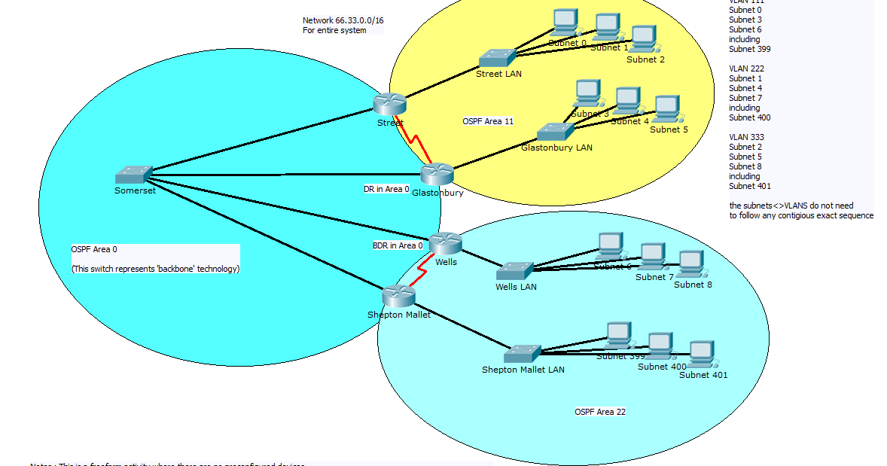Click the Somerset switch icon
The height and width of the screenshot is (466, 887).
click(134, 175)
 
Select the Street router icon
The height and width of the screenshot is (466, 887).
click(389, 105)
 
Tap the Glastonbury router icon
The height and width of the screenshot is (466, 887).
click(437, 174)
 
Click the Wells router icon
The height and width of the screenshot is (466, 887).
click(445, 243)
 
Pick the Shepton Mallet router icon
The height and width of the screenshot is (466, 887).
click(398, 296)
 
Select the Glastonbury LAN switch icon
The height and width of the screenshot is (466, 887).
click(556, 132)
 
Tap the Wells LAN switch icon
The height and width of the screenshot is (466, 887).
click(515, 271)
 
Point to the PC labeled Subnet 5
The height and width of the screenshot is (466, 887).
click(666, 109)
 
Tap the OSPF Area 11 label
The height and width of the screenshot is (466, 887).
click(488, 121)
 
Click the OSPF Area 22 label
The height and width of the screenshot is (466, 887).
click(600, 412)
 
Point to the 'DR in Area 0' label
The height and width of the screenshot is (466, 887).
click(386, 190)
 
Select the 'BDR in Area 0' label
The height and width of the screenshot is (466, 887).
click(398, 245)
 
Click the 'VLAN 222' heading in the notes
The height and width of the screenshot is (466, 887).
click(746, 69)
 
